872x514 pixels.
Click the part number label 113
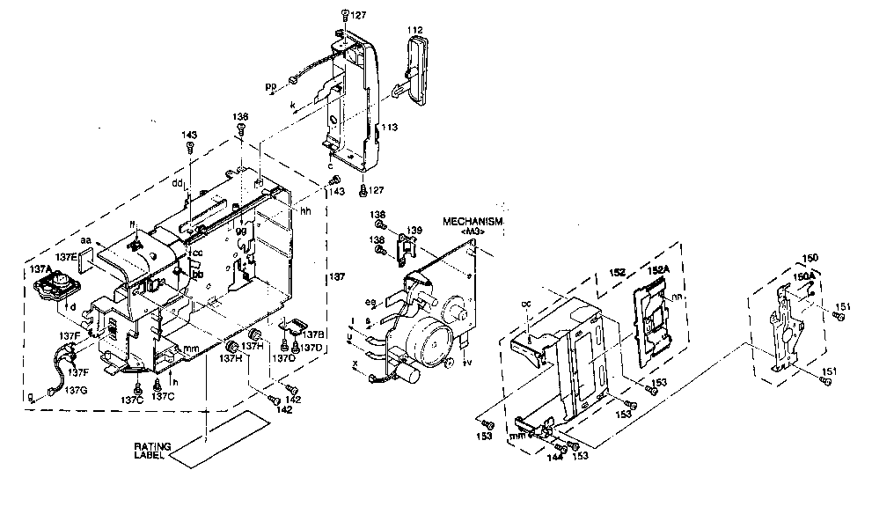coord(389,128)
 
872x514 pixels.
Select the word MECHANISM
coord(473,222)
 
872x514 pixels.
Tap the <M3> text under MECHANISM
coord(473,231)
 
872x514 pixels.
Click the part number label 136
coord(240,116)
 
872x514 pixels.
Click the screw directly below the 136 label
coord(240,129)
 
